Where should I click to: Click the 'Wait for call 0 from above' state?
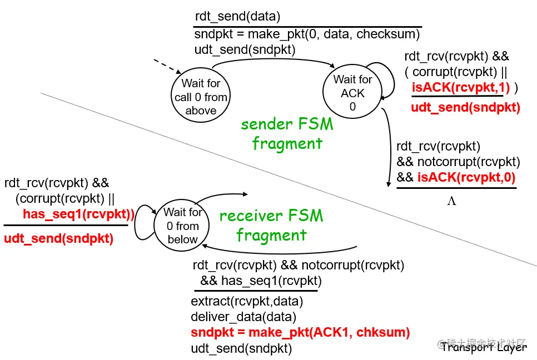click(x=201, y=96)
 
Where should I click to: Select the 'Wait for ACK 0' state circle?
click(x=352, y=91)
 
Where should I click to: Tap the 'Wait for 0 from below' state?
click(x=182, y=226)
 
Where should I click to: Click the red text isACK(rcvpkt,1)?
click(x=461, y=87)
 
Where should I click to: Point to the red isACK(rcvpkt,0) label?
click(x=466, y=177)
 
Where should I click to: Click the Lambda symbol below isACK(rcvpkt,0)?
click(x=451, y=201)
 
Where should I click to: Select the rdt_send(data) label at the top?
click(x=238, y=16)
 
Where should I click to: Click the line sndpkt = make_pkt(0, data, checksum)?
click(x=307, y=34)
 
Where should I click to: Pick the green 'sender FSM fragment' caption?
click(x=287, y=133)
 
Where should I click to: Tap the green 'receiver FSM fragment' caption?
click(x=271, y=225)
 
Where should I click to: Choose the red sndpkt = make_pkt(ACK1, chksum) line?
click(x=300, y=332)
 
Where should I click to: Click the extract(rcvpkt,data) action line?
click(x=247, y=301)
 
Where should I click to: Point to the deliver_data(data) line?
click(x=243, y=317)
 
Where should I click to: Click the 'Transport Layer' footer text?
click(x=484, y=347)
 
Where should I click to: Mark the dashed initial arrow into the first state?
click(x=167, y=66)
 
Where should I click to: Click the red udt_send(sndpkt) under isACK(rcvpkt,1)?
click(x=465, y=107)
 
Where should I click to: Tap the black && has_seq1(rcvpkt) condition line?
click(x=261, y=281)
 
